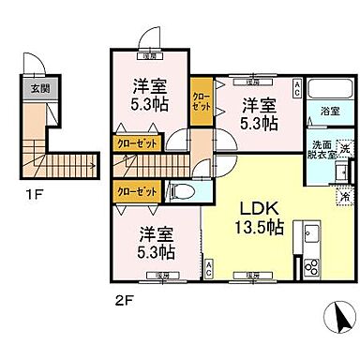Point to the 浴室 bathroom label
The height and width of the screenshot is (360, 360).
click(x=330, y=112)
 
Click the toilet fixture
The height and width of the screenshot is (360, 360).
click(x=183, y=192)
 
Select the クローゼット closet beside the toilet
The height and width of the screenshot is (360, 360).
click(x=135, y=191)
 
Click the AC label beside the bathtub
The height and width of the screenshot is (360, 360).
click(x=297, y=88)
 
